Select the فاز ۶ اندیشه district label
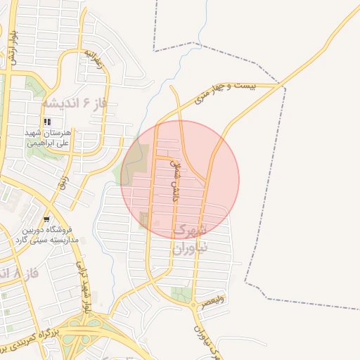pyautogui.click(x=73, y=103)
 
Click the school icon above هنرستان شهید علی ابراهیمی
pyautogui.click(x=47, y=122)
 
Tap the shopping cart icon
pyautogui.click(x=46, y=219)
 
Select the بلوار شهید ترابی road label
pyautogui.click(x=84, y=289)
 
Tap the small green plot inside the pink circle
pyautogui.click(x=145, y=220)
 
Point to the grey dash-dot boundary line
pyautogui.click(x=282, y=176)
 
